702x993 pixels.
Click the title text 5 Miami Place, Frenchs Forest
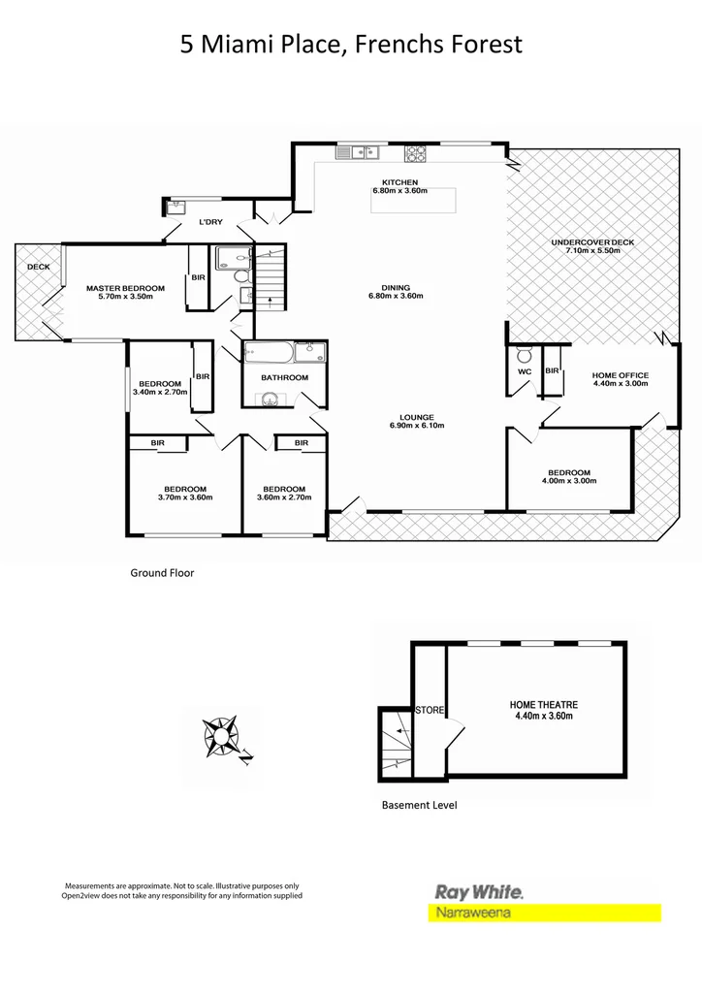[x=351, y=44]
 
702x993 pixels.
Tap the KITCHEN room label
[x=399, y=182]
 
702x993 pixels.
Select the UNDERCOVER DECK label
[x=591, y=242]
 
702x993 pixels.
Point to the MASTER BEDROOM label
[x=125, y=288]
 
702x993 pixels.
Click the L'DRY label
[x=210, y=222]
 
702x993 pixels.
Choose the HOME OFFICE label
[x=621, y=375]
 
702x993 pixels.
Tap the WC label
[x=525, y=371]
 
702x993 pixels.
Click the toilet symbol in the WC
[x=525, y=353]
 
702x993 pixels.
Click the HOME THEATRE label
[x=543, y=705]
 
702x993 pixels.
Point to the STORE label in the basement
[x=430, y=710]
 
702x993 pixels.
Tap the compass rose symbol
[x=222, y=738]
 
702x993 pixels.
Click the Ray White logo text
[x=478, y=891]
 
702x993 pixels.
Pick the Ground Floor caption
[x=162, y=573]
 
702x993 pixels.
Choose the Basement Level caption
[x=419, y=805]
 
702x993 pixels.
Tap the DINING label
[x=396, y=287]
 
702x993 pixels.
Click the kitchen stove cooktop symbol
[x=416, y=152]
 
